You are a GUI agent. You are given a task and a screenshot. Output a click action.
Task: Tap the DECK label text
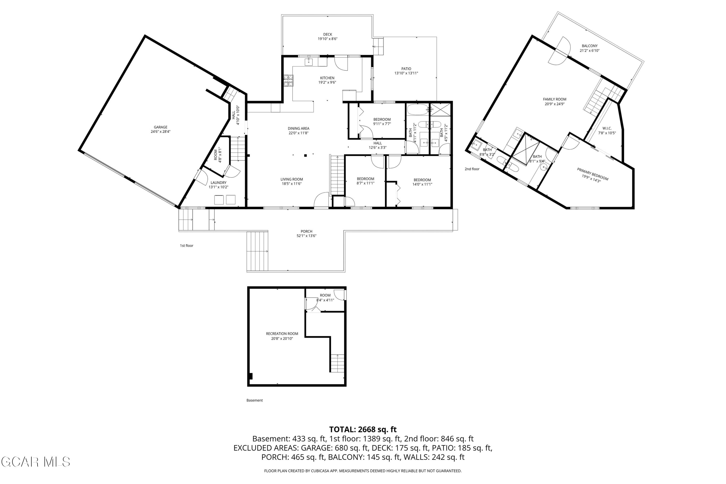pyautogui.click(x=327, y=35)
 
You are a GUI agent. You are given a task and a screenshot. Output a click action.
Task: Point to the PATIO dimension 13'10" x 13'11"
pyautogui.click(x=406, y=73)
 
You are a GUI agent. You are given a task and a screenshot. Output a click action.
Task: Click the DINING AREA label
pyautogui.click(x=298, y=129)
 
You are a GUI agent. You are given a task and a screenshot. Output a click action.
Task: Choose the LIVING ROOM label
pyautogui.click(x=292, y=179)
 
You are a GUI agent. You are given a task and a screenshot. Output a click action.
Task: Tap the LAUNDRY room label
pyautogui.click(x=219, y=183)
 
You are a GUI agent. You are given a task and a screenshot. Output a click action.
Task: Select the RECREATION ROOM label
pyautogui.click(x=282, y=334)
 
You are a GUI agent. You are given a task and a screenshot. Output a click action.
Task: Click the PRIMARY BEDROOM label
pyautogui.click(x=593, y=174)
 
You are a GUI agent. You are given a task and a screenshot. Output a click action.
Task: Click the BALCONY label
pyautogui.click(x=590, y=46)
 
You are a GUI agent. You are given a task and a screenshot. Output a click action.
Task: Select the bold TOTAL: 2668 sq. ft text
pyautogui.click(x=363, y=429)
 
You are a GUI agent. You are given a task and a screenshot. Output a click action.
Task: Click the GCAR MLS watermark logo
pyautogui.click(x=36, y=462)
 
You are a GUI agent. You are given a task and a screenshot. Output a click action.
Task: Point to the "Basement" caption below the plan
pyautogui.click(x=255, y=400)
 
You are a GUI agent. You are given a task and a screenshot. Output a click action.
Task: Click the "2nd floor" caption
pyautogui.click(x=472, y=169)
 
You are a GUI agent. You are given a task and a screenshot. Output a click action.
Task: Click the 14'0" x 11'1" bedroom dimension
pyautogui.click(x=422, y=184)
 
